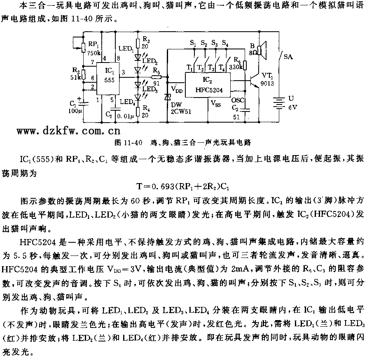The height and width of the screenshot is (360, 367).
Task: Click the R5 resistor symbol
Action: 156,77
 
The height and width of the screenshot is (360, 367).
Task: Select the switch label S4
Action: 224,43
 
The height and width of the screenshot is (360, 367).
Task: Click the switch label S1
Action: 193,43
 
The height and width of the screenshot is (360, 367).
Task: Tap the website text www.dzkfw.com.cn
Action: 69,131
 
